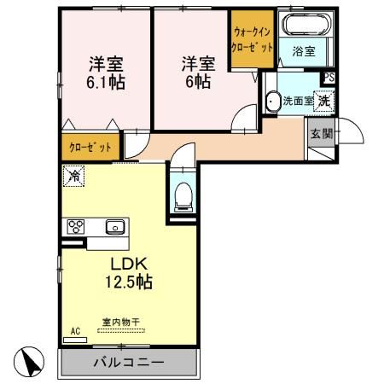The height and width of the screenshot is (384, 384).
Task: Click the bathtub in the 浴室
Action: (306, 25)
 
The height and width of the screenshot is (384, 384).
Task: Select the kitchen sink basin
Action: (115, 227)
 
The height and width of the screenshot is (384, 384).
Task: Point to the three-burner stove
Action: (76, 227)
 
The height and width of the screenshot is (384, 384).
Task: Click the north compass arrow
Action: (30, 362)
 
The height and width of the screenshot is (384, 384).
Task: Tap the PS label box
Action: (329, 78)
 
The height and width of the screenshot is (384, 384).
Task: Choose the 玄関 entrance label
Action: (322, 133)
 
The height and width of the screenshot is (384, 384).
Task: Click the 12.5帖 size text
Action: (129, 282)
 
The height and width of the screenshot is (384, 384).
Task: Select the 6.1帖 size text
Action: (106, 83)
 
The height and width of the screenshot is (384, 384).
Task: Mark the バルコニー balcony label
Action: (129, 362)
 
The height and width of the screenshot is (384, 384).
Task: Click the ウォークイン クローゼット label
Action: (252, 39)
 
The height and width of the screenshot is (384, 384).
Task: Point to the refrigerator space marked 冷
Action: (73, 176)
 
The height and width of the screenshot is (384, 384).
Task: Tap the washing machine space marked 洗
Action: (324, 101)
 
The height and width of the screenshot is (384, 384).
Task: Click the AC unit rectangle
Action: (75, 340)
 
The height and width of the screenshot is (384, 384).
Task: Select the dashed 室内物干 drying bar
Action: (121, 330)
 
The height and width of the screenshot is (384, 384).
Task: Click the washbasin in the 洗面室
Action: (272, 102)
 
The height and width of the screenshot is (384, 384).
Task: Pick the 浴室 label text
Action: (304, 51)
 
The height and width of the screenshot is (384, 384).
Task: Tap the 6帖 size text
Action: (198, 82)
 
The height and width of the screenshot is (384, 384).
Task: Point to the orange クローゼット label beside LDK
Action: (90, 148)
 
